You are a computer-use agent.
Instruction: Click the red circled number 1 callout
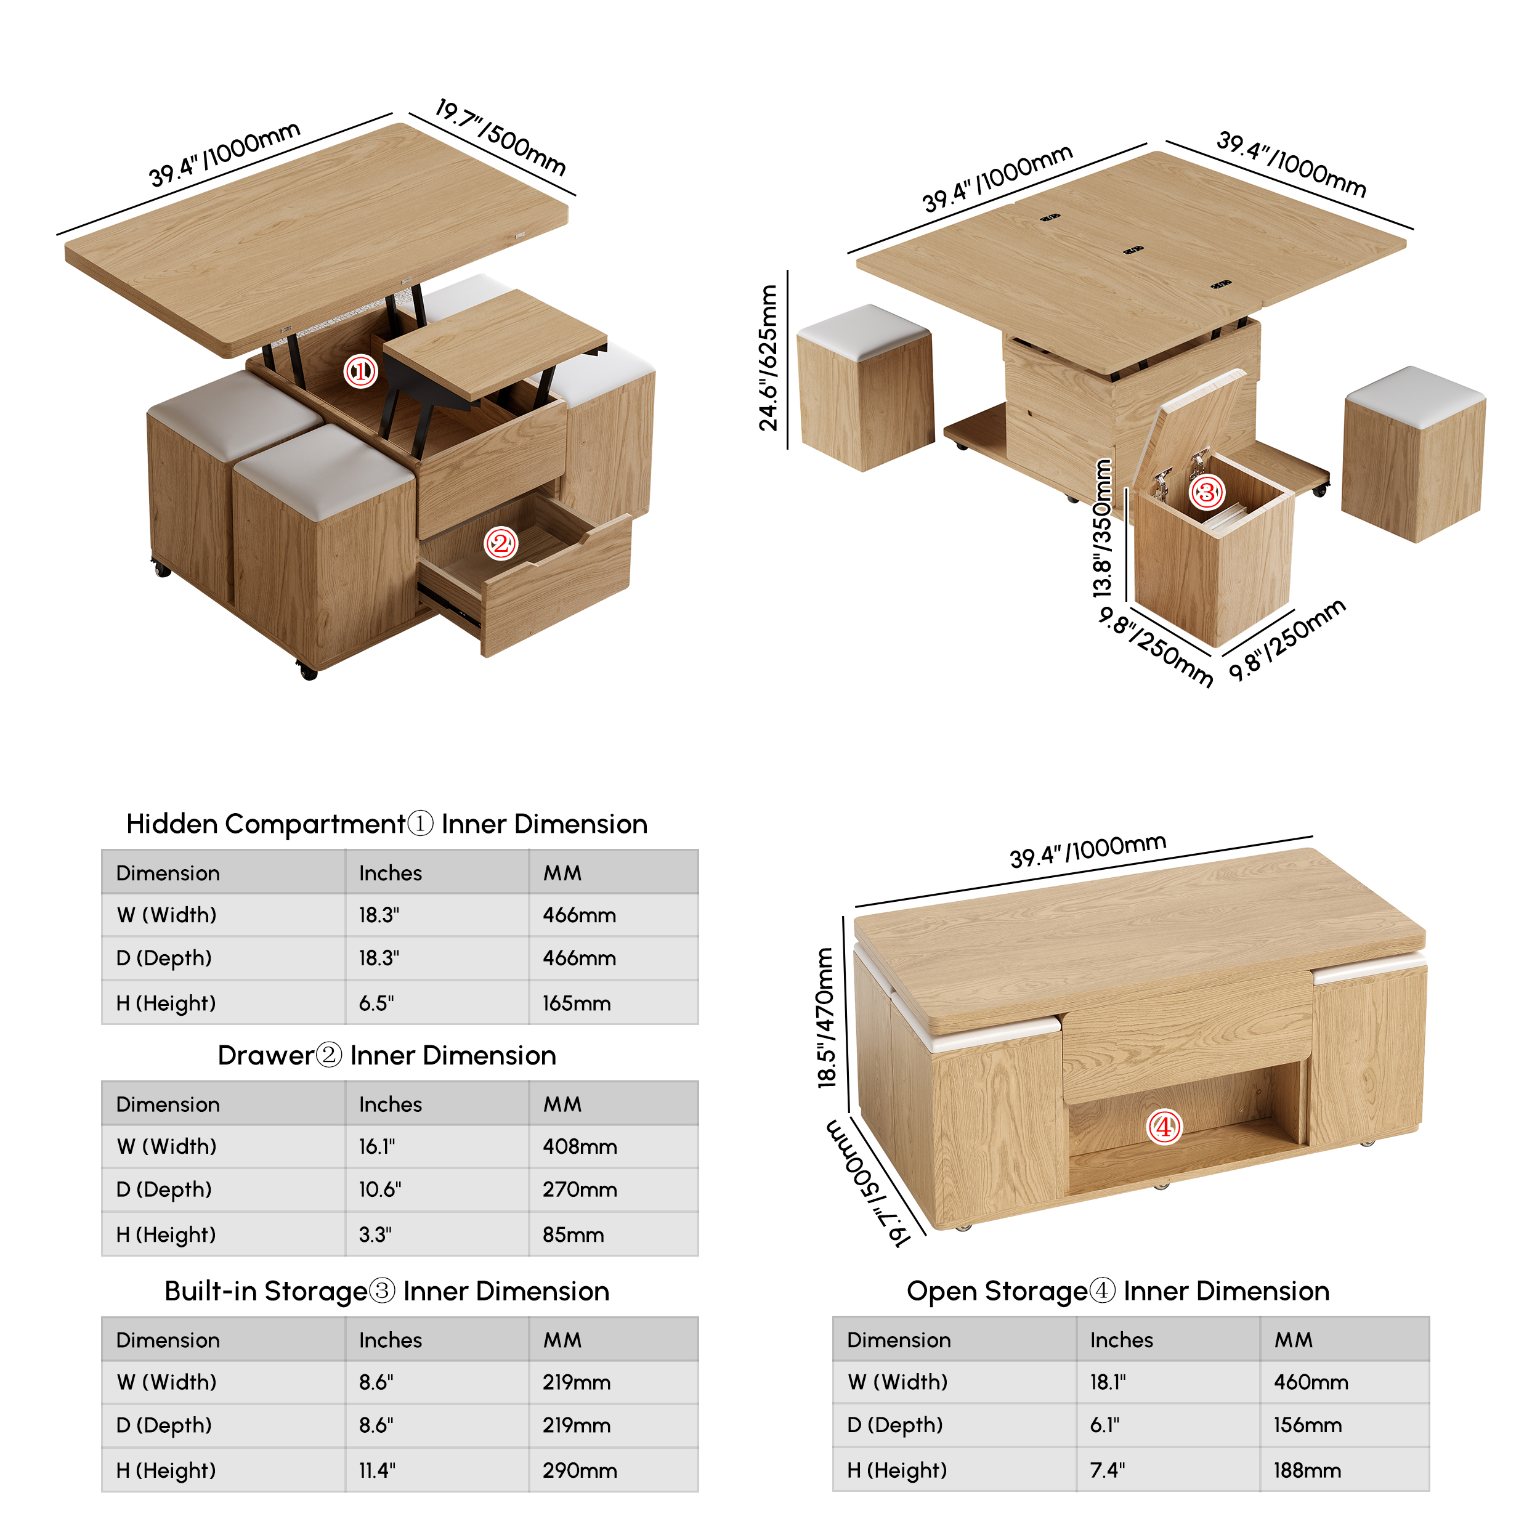point(360,371)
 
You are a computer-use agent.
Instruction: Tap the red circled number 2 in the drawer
point(501,544)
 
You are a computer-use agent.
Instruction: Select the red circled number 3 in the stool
point(1206,492)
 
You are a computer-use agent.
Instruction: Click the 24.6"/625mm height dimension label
point(768,358)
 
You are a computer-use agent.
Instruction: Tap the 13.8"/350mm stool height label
point(1101,529)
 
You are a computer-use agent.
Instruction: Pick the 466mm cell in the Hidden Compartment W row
point(580,915)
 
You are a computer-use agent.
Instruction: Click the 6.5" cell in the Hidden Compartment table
point(376,1003)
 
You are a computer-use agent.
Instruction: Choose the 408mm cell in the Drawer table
point(580,1146)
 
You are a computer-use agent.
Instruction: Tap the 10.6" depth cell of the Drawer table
point(379,1189)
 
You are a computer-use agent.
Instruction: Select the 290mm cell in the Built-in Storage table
point(580,1470)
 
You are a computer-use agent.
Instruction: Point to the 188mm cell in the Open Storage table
point(1307,1470)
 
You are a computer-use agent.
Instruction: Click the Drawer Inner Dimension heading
point(387,1055)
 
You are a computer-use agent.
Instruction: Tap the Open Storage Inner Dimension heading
point(1117,1291)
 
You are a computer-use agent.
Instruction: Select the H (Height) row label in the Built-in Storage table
point(166,1470)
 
